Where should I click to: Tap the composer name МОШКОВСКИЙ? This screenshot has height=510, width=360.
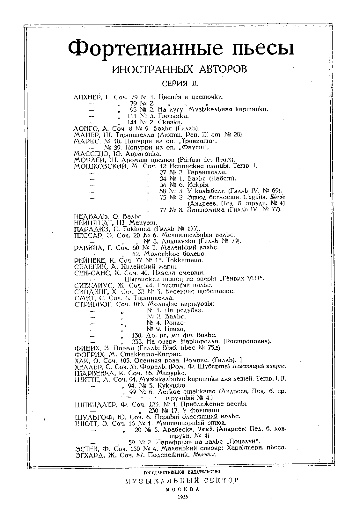101,166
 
